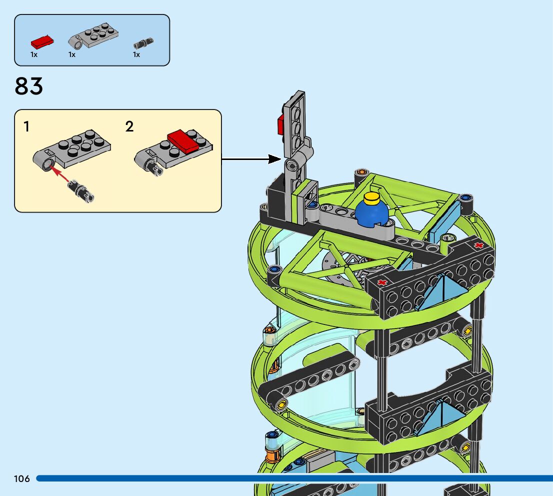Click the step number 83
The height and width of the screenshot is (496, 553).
(x=29, y=86)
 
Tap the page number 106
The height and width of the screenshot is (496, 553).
(x=22, y=479)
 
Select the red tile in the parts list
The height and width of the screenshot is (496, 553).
(x=42, y=41)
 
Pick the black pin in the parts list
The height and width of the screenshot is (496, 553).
(x=143, y=43)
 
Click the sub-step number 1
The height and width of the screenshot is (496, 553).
(x=26, y=126)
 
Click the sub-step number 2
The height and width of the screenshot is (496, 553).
(x=129, y=126)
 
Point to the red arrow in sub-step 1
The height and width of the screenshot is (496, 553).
(x=60, y=175)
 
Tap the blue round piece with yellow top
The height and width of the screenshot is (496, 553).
(x=372, y=212)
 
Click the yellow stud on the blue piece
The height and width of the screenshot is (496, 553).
(x=372, y=198)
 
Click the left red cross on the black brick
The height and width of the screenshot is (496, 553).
(x=382, y=282)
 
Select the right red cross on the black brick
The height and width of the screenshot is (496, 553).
(x=479, y=245)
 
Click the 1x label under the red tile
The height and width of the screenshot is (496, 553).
(x=34, y=54)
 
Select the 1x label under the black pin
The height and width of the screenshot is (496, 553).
(x=136, y=54)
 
